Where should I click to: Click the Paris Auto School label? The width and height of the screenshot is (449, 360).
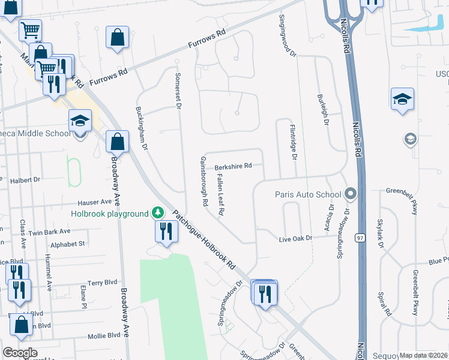point(308,194)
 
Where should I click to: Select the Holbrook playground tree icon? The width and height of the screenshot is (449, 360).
point(157,213)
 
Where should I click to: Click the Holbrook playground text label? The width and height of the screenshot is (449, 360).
point(109,214)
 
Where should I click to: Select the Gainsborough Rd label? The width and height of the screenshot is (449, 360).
point(203,181)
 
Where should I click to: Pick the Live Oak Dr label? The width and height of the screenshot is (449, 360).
point(297,239)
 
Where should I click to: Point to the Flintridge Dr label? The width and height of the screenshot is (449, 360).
point(294,142)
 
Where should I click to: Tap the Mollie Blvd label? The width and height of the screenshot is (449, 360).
point(88,337)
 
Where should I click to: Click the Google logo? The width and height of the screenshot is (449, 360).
point(20,353)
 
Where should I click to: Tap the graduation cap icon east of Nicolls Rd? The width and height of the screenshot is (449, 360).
point(403,99)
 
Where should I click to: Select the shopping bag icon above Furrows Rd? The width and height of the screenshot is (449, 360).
point(118,37)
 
